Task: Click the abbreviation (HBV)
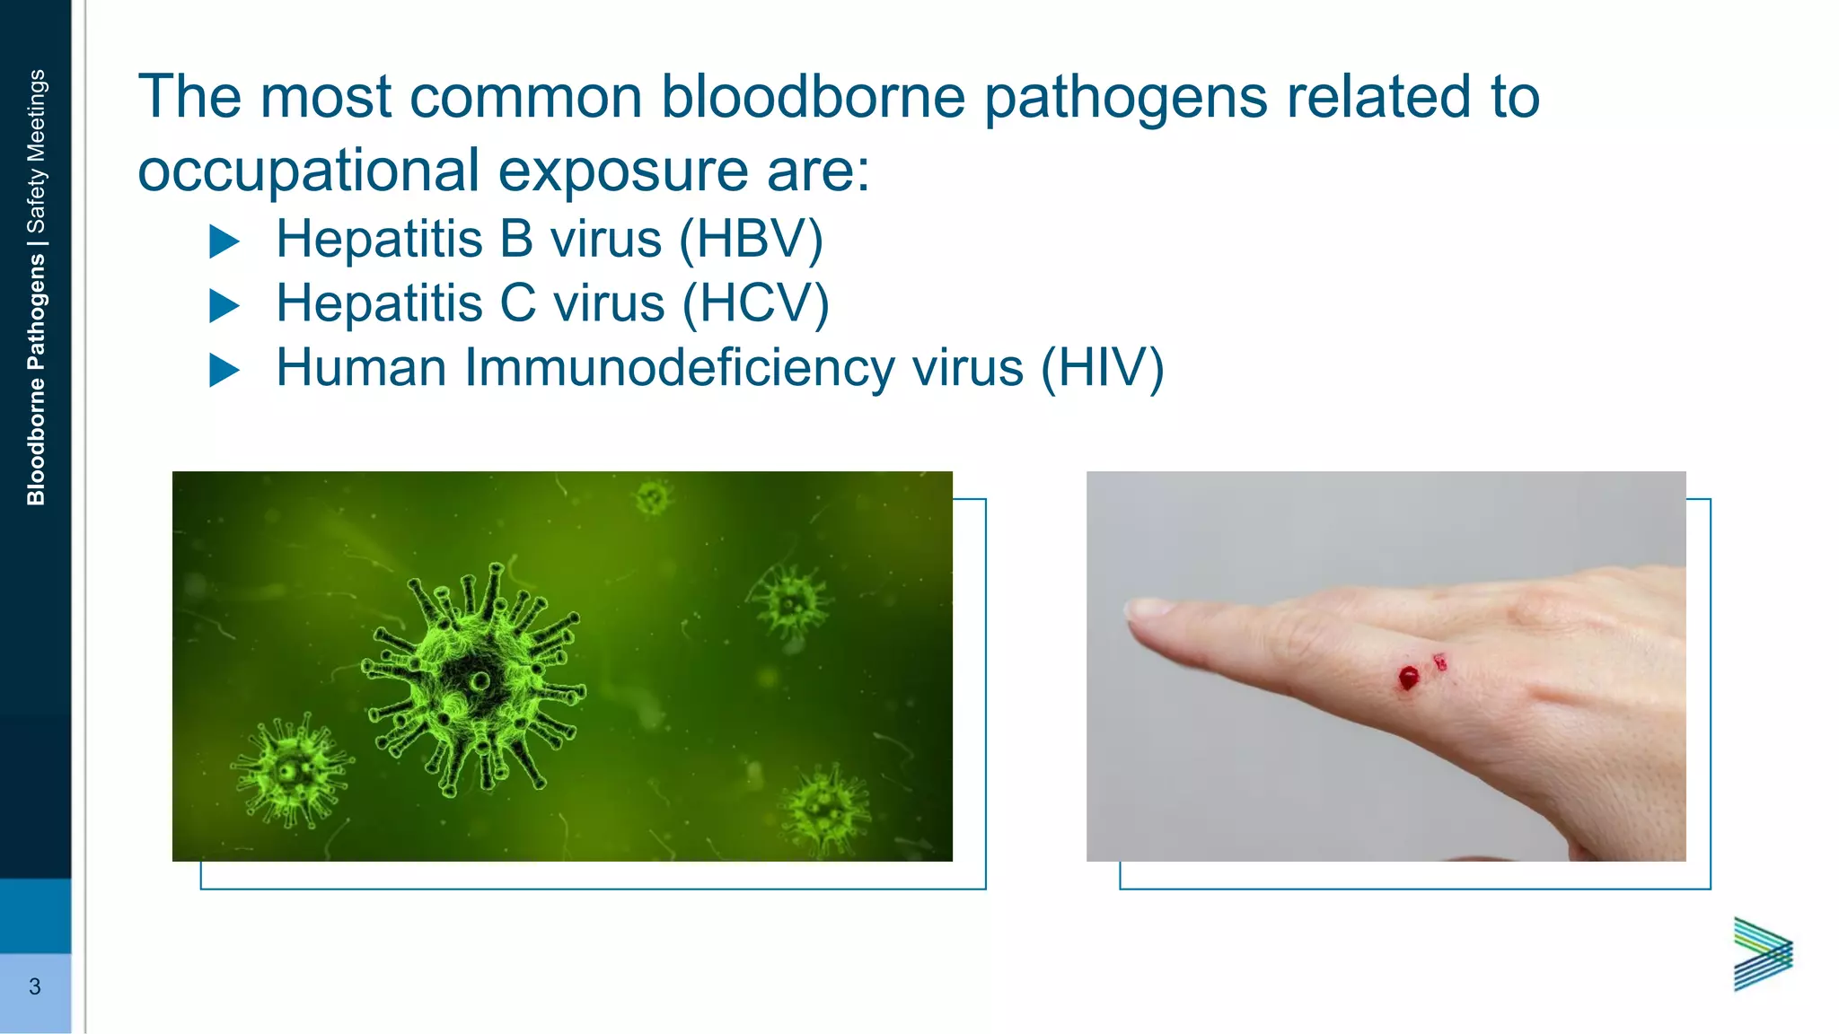(x=751, y=240)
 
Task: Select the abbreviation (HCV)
(x=755, y=304)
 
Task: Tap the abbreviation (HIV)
(x=1102, y=369)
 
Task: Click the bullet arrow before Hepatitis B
(x=224, y=241)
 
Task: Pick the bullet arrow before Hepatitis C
(x=224, y=306)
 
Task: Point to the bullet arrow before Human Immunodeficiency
(x=224, y=370)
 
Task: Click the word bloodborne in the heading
(x=813, y=97)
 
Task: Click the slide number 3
(x=35, y=987)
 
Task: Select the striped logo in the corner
(x=1763, y=954)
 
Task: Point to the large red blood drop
(x=1408, y=678)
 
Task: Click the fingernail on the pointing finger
(x=1146, y=609)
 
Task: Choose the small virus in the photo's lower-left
(x=291, y=770)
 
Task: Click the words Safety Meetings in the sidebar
(x=36, y=151)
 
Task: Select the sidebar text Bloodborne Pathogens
(x=36, y=379)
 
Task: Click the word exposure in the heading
(x=622, y=171)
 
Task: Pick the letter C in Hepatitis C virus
(x=517, y=304)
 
